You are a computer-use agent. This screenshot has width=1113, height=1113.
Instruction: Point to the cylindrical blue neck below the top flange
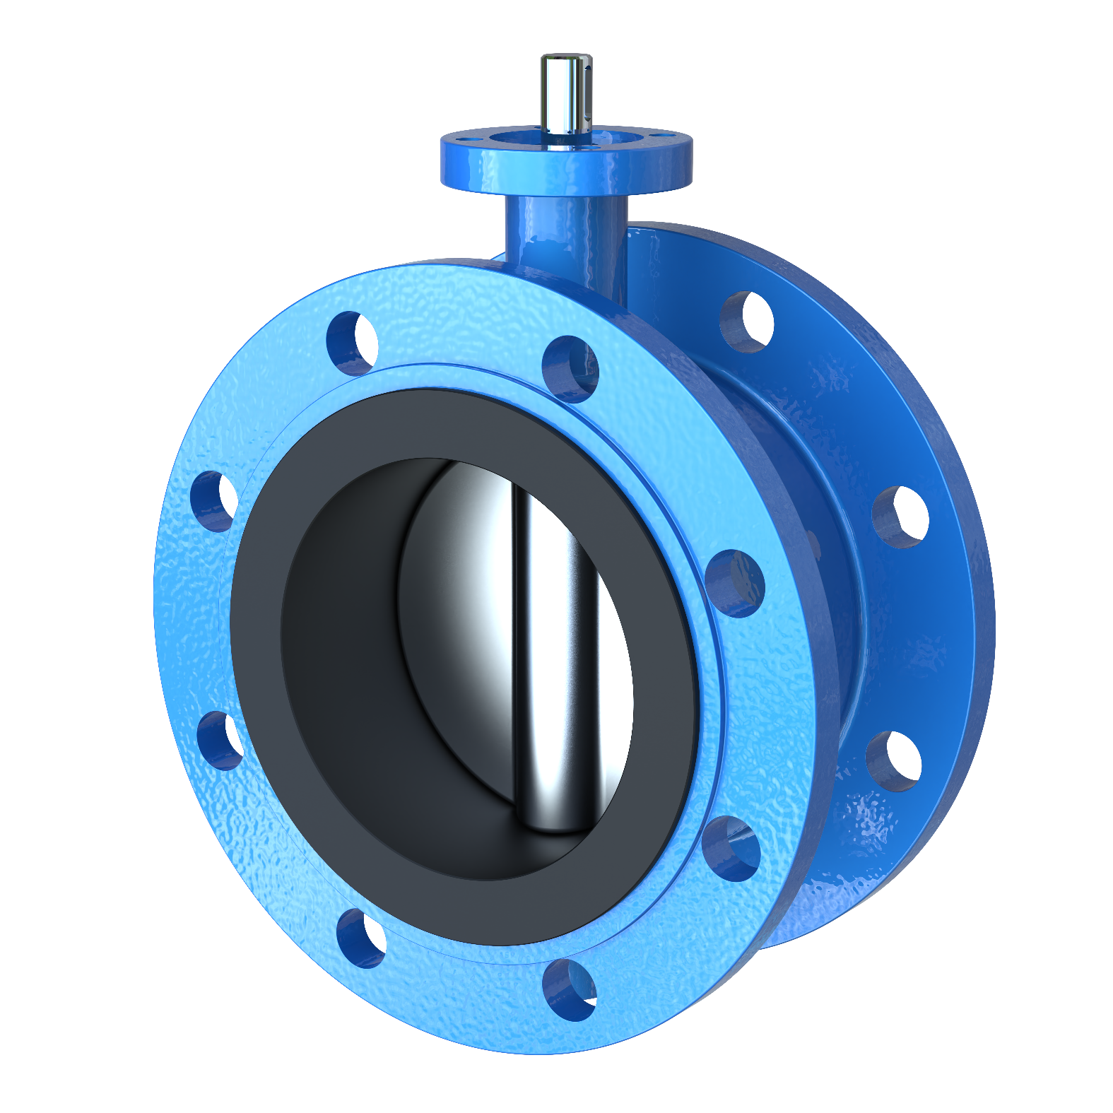pos(565,240)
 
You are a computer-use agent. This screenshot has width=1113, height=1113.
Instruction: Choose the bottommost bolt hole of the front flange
pos(570,989)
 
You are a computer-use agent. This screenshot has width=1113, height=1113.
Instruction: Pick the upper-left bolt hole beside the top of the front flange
pos(352,342)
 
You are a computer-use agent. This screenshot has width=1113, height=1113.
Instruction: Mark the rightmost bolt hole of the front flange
pos(735,584)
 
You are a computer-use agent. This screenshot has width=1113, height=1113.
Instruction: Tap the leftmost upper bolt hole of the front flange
pos(214,502)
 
